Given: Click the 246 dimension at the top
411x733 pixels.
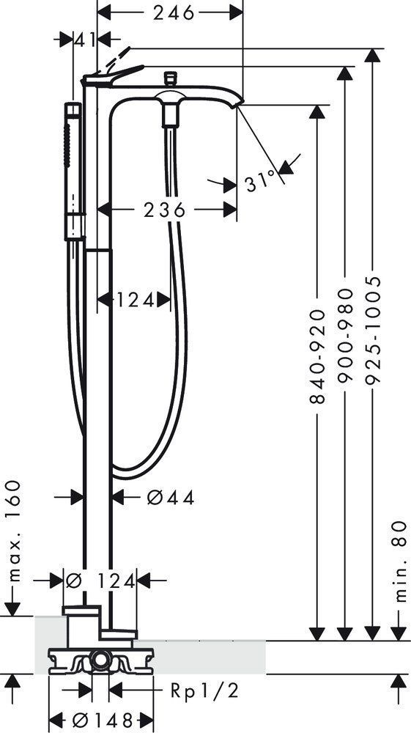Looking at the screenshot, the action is tap(174, 12).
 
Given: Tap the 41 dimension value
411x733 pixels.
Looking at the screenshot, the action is tap(84, 40).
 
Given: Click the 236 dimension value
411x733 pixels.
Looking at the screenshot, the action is tap(164, 210).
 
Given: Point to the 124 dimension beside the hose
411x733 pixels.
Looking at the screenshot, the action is tap(135, 300).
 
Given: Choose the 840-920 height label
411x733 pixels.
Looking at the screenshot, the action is tap(317, 356).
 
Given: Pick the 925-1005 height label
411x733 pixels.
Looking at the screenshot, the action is tap(373, 330).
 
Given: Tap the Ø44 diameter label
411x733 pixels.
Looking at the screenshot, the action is tap(171, 498).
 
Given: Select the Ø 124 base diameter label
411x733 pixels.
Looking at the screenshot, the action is tap(100, 581).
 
